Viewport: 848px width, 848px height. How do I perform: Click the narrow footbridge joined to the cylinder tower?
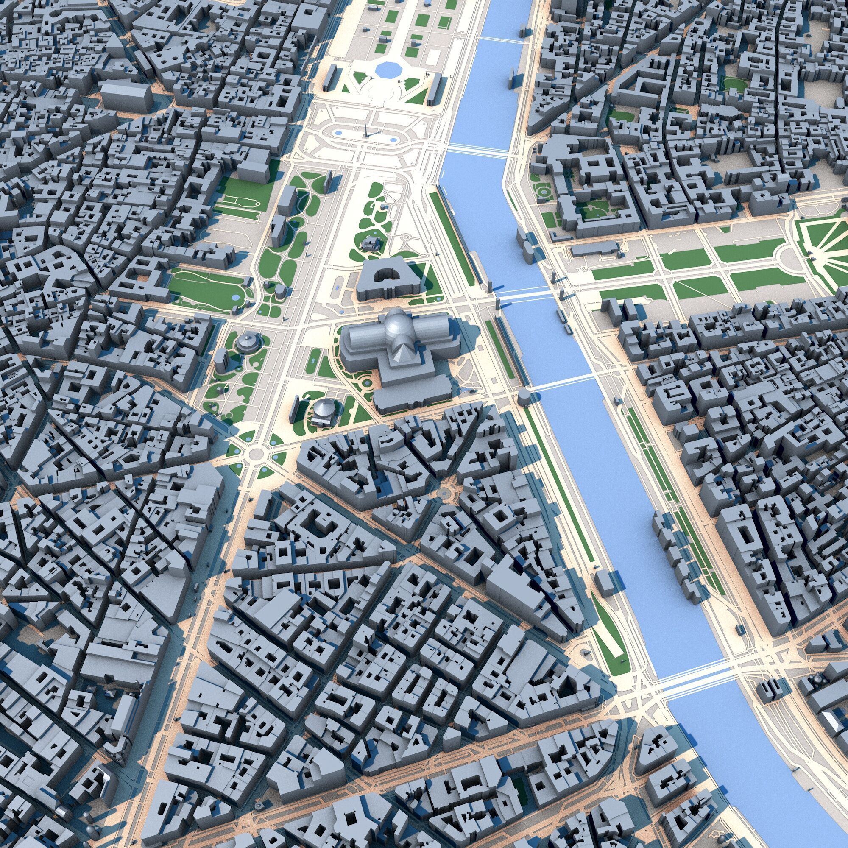pos(562,381)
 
